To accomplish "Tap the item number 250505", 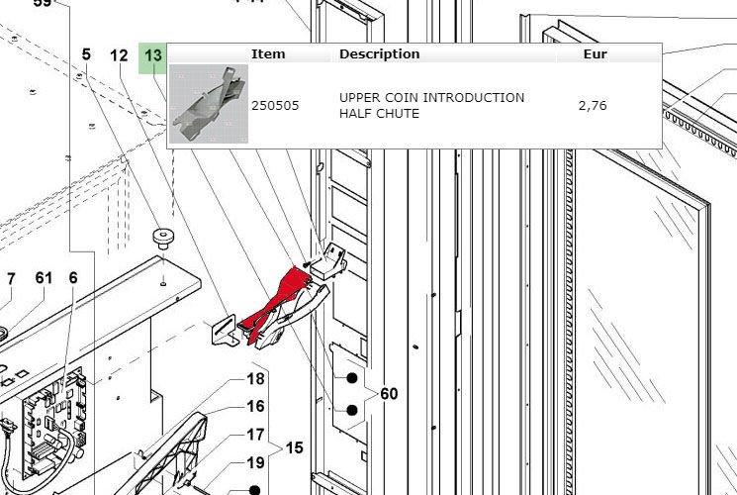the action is point(275,105).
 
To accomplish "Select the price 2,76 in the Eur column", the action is point(593,105).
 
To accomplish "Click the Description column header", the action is point(379,54).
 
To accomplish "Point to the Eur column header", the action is point(596,54).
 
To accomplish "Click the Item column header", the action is point(268,54).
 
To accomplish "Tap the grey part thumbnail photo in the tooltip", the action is point(208,104).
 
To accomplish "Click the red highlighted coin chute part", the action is point(277,301).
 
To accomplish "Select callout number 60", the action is point(389,393).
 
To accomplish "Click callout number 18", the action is point(255,379).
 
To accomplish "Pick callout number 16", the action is point(255,406).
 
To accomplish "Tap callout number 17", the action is point(255,435).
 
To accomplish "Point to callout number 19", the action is point(255,463).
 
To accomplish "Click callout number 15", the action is point(294,447).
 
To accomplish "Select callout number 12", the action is point(119,56).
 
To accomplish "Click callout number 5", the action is point(86,54).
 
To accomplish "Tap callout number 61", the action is point(44,277).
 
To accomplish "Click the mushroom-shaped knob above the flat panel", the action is point(162,238).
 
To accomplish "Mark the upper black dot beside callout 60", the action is point(351,378).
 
